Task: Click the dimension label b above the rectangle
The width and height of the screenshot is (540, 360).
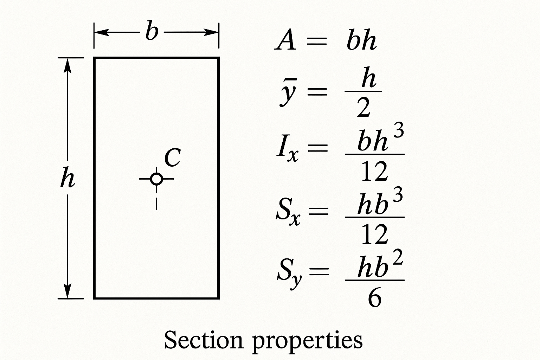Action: click(152, 32)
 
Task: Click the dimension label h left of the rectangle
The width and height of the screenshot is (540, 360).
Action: click(67, 178)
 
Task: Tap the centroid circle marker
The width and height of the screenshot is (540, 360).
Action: click(156, 179)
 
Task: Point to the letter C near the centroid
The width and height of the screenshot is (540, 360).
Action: click(172, 157)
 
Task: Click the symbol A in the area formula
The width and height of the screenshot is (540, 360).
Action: click(285, 41)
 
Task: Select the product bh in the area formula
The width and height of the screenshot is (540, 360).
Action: click(361, 41)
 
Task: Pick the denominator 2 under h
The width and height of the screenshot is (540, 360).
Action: click(363, 108)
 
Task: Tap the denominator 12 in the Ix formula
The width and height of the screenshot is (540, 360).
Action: click(374, 172)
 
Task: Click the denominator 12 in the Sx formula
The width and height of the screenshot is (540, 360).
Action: click(374, 235)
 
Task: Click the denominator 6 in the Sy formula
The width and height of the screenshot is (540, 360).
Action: click(374, 299)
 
